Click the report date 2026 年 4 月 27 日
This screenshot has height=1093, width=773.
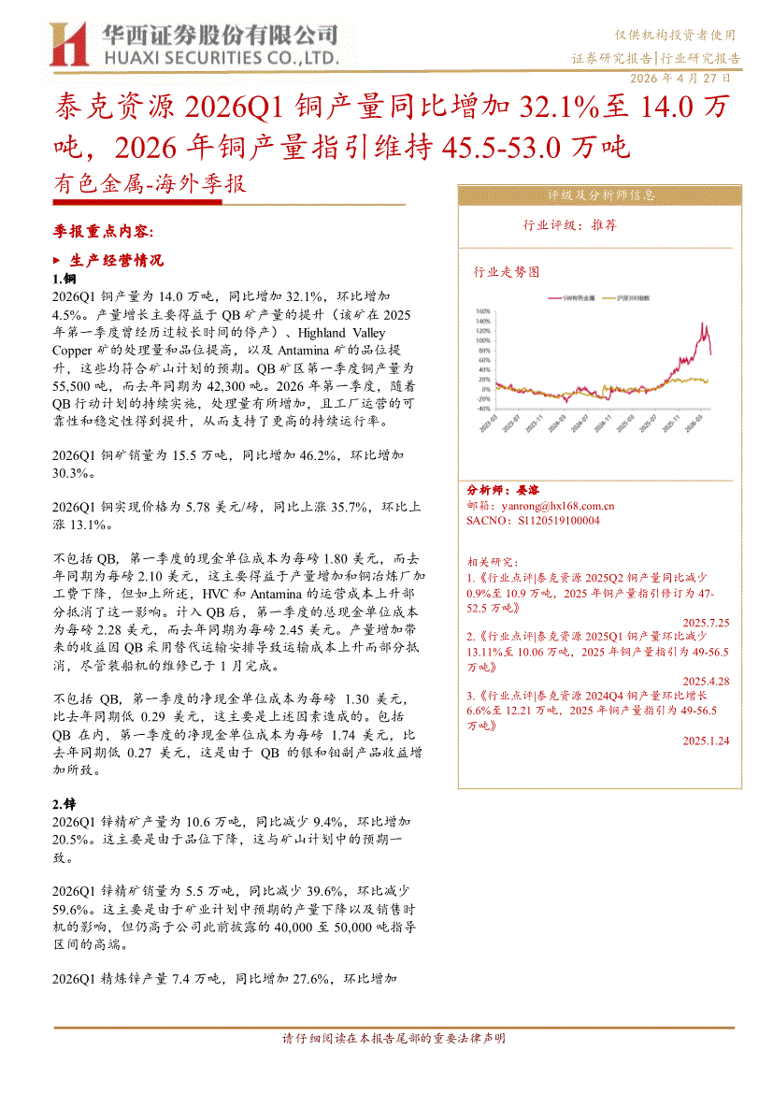click(x=682, y=79)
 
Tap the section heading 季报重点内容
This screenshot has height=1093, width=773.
click(x=103, y=230)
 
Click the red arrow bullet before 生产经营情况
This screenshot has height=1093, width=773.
click(x=58, y=260)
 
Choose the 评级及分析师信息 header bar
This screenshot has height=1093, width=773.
click(x=600, y=195)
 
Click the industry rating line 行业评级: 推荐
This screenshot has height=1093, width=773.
click(x=570, y=225)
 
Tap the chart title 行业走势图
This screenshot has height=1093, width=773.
click(x=507, y=272)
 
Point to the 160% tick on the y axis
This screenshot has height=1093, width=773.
click(x=483, y=310)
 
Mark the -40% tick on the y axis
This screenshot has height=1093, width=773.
click(x=483, y=409)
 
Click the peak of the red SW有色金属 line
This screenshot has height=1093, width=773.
click(x=703, y=324)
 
